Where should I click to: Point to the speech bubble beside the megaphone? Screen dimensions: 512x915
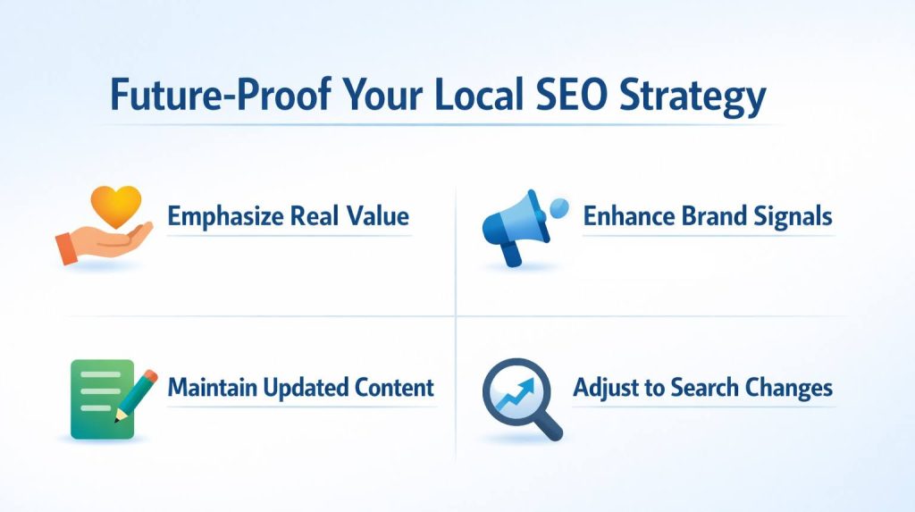(558, 208)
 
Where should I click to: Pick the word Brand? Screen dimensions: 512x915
(703, 216)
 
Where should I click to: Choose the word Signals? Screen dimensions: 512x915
(789, 217)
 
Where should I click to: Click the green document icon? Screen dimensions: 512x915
(100, 399)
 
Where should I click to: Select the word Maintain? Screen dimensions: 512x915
(209, 388)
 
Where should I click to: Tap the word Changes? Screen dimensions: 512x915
(790, 389)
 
